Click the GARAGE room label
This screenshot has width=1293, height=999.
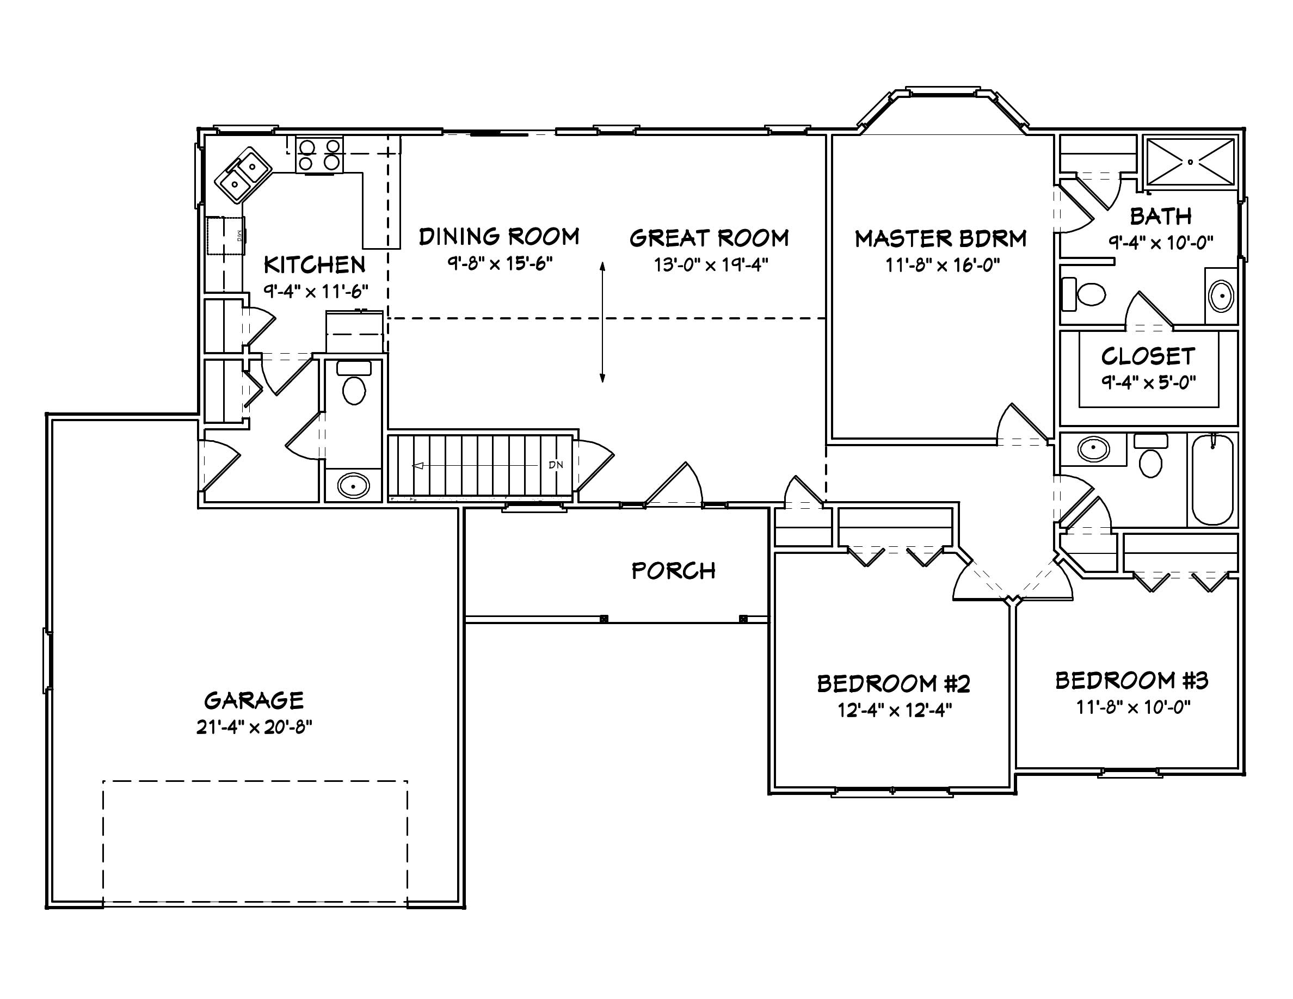point(254,701)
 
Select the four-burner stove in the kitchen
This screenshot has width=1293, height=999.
point(319,155)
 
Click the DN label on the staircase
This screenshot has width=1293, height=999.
point(555,465)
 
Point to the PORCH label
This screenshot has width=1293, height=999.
point(673,571)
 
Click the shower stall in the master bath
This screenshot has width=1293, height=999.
point(1191,162)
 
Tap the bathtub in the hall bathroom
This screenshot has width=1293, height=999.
point(1212,479)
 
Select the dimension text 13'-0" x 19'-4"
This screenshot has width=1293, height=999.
point(710,264)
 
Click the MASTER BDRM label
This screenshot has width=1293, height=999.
point(940,238)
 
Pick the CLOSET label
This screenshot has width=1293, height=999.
point(1148,356)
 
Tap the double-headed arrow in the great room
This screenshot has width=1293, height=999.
point(602,323)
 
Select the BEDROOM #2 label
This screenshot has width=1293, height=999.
point(894,684)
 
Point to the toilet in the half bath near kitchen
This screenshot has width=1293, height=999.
point(354,385)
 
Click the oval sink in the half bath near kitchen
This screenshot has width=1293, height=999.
point(353,486)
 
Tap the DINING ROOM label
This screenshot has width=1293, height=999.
point(498,237)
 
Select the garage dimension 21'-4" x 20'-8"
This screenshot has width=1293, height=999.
point(254,727)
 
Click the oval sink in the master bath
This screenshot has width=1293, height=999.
point(1221,296)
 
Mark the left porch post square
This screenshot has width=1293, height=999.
point(604,619)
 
